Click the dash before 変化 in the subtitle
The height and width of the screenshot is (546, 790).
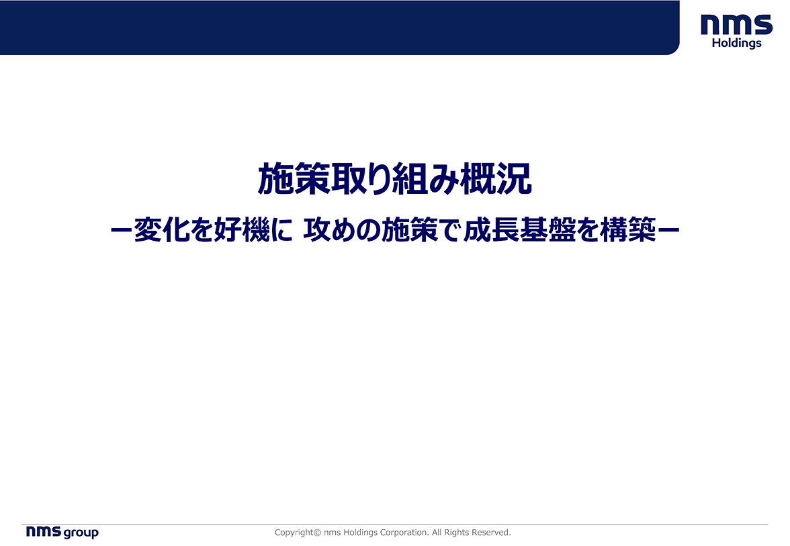click(x=121, y=231)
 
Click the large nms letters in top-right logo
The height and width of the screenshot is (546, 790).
click(x=736, y=25)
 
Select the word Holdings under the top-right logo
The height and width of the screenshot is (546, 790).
click(x=736, y=44)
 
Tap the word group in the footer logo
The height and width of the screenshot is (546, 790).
click(x=81, y=533)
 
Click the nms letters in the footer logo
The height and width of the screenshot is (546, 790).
click(x=44, y=531)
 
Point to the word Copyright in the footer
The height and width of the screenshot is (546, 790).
click(x=294, y=533)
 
